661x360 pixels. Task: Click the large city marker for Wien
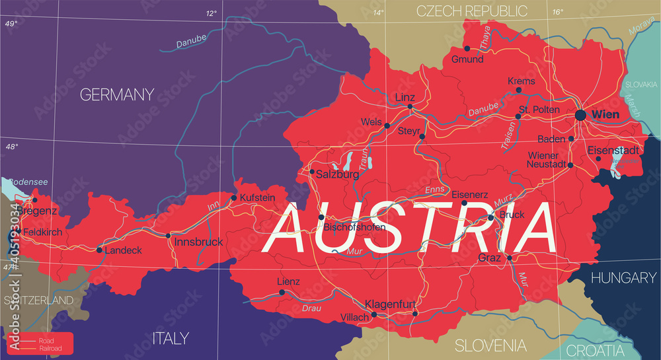click(x=580, y=115)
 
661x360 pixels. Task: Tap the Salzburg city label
click(x=338, y=174)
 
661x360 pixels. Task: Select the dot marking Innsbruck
click(x=168, y=235)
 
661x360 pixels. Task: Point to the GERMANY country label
click(x=116, y=94)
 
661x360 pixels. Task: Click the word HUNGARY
click(x=623, y=278)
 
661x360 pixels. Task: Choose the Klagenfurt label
click(x=391, y=305)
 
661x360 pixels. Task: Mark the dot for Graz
click(x=510, y=258)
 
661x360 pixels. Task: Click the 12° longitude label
click(x=211, y=13)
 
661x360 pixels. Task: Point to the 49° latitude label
click(x=11, y=24)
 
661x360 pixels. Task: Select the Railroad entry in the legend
click(x=50, y=347)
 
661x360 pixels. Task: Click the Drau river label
click(x=311, y=308)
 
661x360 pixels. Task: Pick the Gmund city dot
click(x=467, y=48)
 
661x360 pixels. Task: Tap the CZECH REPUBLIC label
click(x=471, y=11)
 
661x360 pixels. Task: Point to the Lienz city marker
click(x=282, y=292)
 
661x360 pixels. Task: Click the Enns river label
click(x=436, y=190)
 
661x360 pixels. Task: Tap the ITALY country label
click(x=171, y=338)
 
